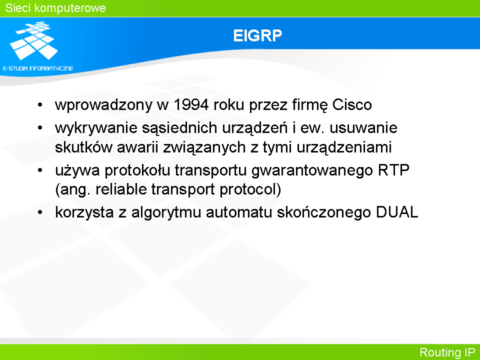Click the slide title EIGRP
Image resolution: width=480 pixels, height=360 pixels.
[x=257, y=35]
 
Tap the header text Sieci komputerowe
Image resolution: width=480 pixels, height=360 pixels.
[x=55, y=8]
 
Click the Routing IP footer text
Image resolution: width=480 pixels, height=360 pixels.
[x=447, y=352]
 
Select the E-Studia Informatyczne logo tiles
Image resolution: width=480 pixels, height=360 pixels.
[x=34, y=40]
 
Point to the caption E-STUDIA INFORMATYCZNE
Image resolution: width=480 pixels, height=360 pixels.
[x=38, y=68]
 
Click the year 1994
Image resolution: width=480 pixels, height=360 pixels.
[x=191, y=104]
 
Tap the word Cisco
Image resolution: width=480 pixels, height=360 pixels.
[x=352, y=104]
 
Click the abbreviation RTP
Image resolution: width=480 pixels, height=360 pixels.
[x=393, y=170]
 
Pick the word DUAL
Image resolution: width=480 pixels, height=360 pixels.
[x=397, y=212]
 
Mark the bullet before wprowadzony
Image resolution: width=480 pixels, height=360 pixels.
[x=40, y=104]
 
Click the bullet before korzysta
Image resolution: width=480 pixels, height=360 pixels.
[x=40, y=212]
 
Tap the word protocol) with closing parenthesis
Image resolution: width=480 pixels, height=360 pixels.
[x=250, y=189]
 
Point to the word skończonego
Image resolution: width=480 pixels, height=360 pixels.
[x=324, y=212]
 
